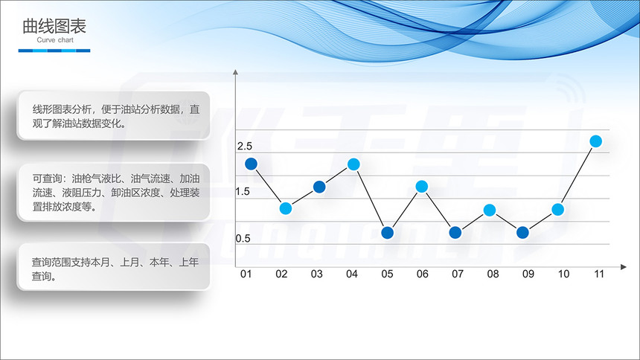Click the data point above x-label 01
[251, 164]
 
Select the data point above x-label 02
[286, 208]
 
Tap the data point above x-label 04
[353, 164]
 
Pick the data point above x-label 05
[387, 233]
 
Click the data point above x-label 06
[422, 187]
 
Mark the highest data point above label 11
[596, 141]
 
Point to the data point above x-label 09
[523, 233]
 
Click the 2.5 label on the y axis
[245, 146]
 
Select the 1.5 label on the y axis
[243, 191]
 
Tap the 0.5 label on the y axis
[243, 238]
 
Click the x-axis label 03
[317, 274]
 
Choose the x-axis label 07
[458, 274]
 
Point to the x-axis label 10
[563, 274]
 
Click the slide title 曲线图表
[54, 26]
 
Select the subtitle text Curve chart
[55, 40]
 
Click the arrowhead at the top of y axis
[235, 72]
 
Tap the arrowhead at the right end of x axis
[624, 267]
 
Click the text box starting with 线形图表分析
[113, 116]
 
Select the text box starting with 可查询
[113, 193]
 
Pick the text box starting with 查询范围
[113, 267]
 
